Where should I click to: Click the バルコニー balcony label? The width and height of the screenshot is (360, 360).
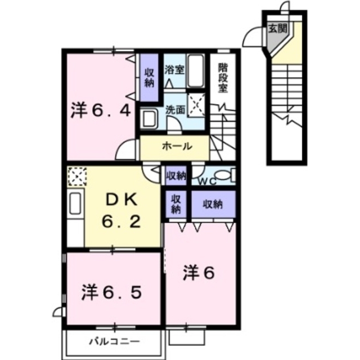tap(115, 340)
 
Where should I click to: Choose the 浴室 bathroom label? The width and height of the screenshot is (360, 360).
tap(174, 70)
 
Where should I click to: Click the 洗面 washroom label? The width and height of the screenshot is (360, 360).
tap(174, 109)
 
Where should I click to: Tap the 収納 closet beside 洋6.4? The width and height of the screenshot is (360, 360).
tap(149, 78)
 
